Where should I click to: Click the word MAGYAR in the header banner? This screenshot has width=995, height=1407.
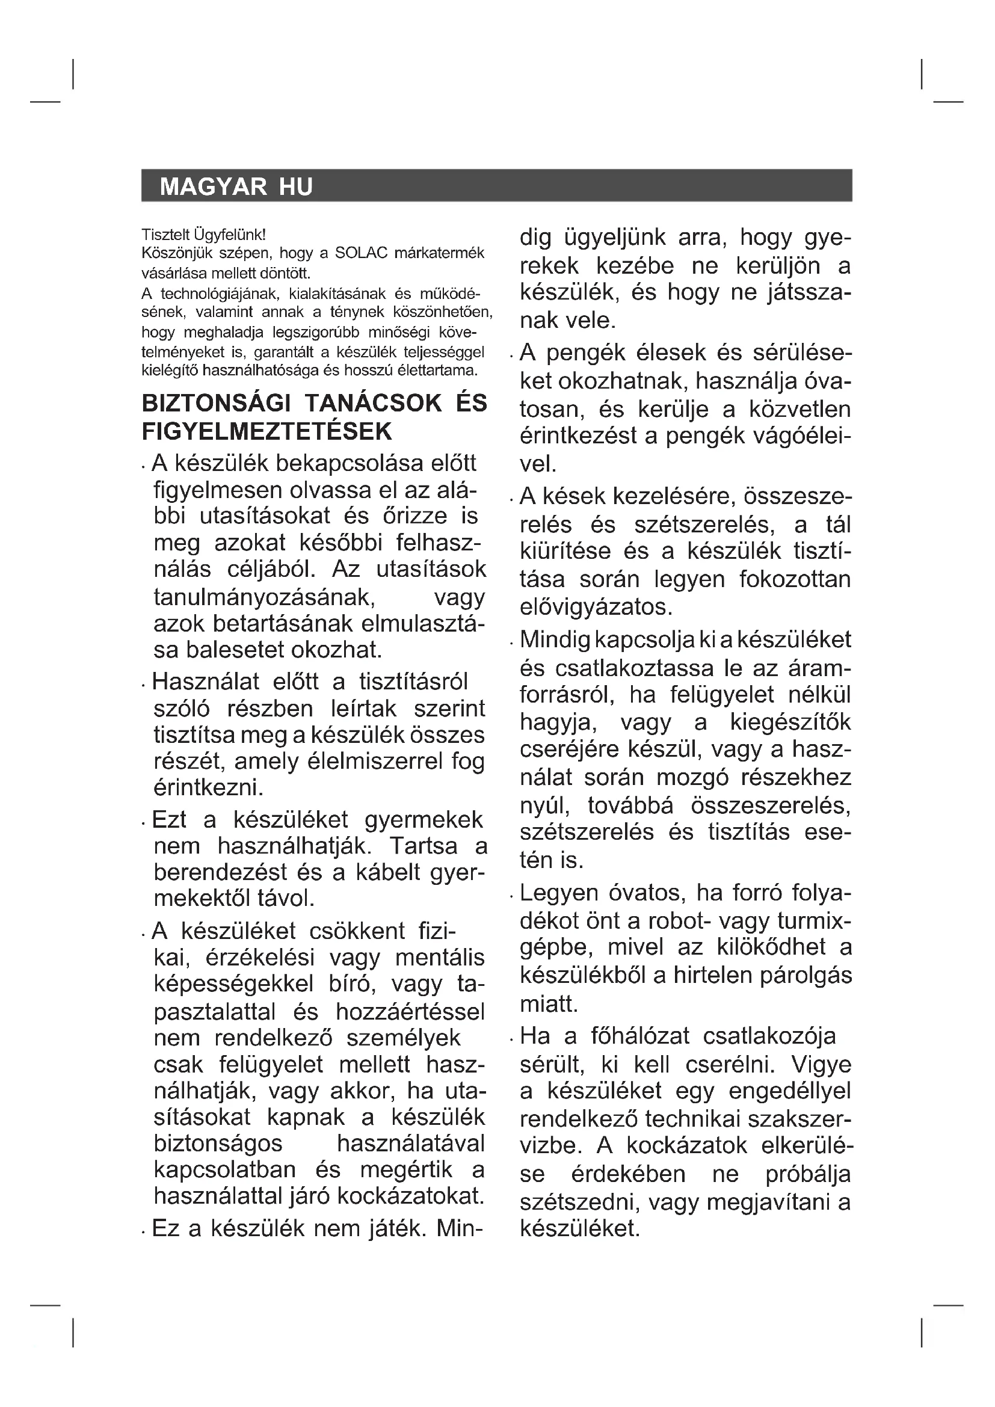213,186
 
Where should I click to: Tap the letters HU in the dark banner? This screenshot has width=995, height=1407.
296,186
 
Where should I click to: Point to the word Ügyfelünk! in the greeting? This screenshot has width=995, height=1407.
230,234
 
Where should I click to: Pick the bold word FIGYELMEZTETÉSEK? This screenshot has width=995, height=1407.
266,432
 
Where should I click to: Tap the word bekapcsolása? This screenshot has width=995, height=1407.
339,463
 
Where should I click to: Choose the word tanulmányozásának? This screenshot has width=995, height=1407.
265,597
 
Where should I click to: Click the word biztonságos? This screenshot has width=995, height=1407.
218,1144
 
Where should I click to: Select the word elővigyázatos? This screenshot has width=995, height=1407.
596,607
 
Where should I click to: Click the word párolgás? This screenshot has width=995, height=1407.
806,976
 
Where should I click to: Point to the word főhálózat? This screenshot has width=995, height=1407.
639,1036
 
